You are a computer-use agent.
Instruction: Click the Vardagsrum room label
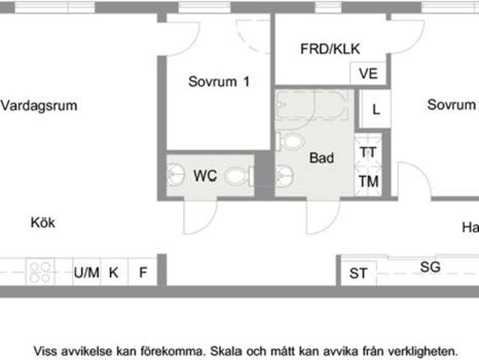[x=39, y=106]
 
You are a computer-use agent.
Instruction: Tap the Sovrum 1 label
[x=218, y=82]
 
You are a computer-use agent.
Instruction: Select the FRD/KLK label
[x=330, y=49]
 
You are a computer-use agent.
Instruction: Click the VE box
[x=368, y=73]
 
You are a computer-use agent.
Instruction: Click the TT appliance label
[x=368, y=152]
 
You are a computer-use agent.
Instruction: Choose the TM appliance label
[x=368, y=181]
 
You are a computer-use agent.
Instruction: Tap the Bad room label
[x=322, y=158]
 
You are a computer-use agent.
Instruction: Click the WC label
[x=205, y=176]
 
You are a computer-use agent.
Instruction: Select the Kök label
[x=43, y=223]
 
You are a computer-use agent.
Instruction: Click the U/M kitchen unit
[x=86, y=272]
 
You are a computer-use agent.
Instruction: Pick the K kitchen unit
[x=114, y=272]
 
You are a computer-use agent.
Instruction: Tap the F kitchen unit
[x=142, y=272]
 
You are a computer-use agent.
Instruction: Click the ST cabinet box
[x=359, y=274]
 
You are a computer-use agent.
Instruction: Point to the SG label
[x=430, y=266]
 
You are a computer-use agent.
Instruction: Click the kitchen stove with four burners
[x=40, y=271]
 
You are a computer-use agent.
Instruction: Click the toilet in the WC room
[x=237, y=177]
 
